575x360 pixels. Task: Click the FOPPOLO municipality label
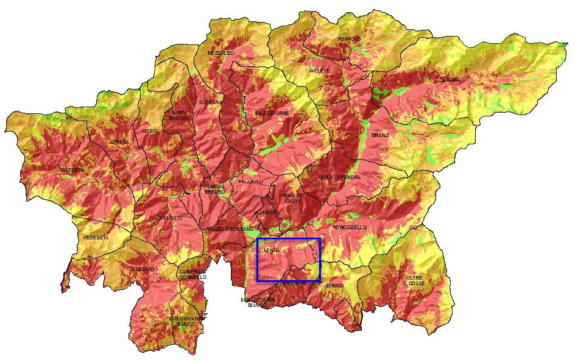tap(350, 39)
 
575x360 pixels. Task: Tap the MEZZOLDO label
tap(220, 54)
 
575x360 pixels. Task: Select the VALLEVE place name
tap(319, 71)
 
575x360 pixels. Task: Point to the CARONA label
tap(450, 80)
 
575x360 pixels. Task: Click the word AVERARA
tap(210, 102)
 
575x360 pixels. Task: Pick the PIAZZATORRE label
tap(272, 114)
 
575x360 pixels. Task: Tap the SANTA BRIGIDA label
tap(179, 115)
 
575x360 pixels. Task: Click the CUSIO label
tap(149, 131)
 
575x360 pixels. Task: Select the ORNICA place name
tap(119, 142)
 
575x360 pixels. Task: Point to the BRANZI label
tap(380, 135)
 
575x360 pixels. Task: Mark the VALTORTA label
tap(72, 170)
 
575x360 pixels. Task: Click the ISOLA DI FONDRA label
tap(339, 177)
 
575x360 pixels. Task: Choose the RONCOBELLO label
tap(350, 227)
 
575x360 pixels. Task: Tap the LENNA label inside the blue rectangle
tap(272, 250)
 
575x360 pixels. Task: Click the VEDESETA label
tap(96, 238)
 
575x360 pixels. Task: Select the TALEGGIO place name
tap(142, 269)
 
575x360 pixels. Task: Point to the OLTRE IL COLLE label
tap(414, 280)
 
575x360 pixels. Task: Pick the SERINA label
tap(334, 285)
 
